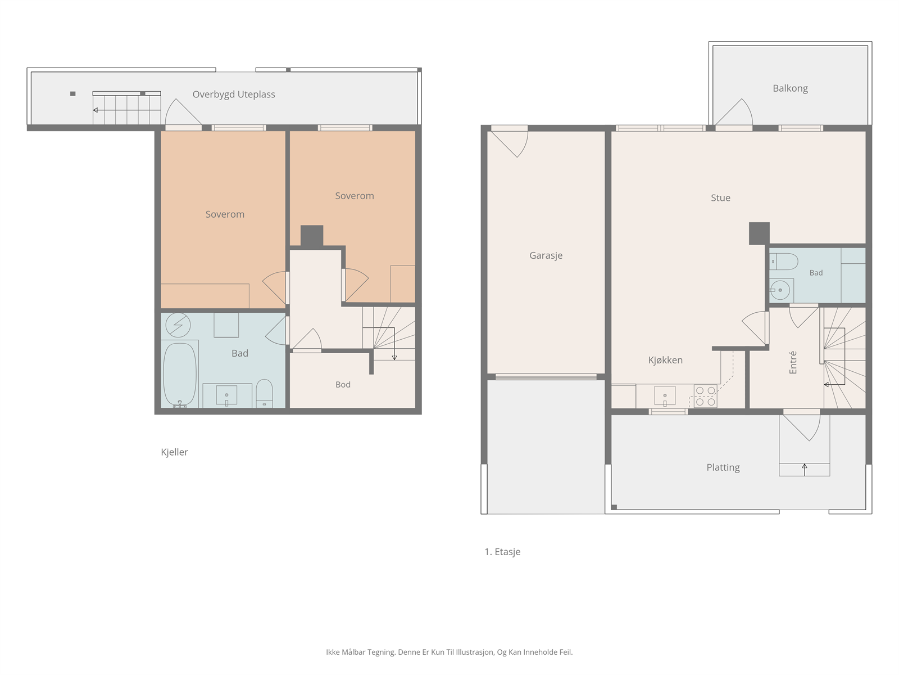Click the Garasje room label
[546, 256]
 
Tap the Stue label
[720, 198]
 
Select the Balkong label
[790, 88]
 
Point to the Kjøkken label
[665, 360]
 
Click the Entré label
[793, 362]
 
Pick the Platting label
[723, 467]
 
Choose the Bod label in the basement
[343, 384]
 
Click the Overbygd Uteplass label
[233, 94]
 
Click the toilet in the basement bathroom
[264, 393]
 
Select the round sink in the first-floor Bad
[780, 290]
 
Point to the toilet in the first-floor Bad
[783, 262]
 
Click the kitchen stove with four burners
[705, 396]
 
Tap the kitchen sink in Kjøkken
[665, 397]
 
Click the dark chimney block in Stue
[759, 233]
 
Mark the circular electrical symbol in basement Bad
[178, 326]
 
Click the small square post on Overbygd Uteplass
[73, 94]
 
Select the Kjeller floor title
[174, 452]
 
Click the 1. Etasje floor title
[502, 552]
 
